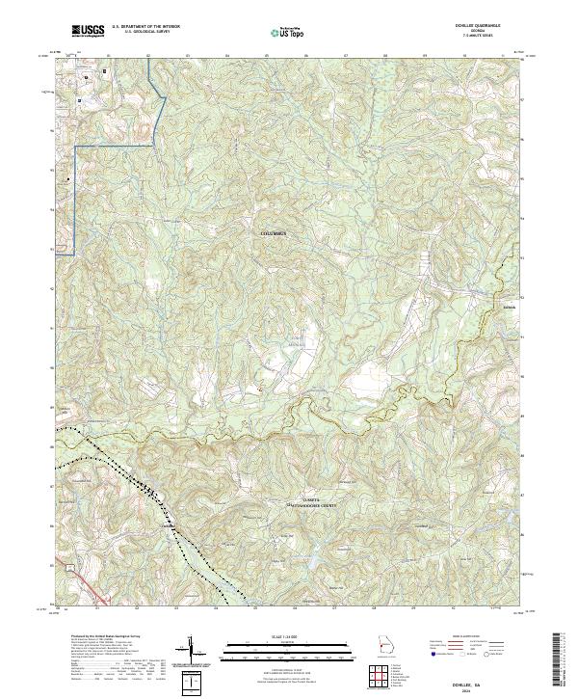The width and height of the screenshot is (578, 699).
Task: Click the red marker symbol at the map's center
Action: click(x=258, y=389)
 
